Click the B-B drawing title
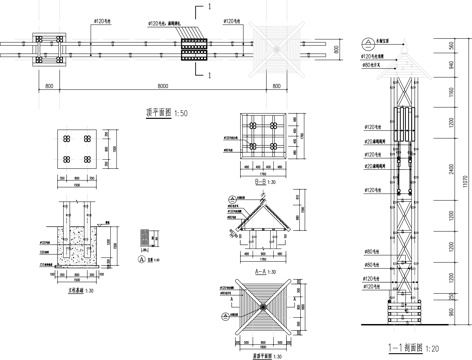259,183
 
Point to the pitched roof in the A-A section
259,214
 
